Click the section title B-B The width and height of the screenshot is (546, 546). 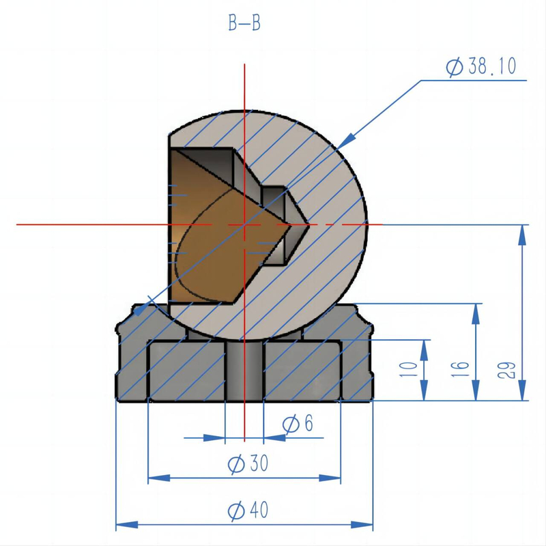click(244, 24)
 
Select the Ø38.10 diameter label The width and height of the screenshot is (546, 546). click(481, 67)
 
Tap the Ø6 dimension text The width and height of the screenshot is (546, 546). click(298, 425)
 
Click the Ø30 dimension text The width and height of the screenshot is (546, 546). click(248, 465)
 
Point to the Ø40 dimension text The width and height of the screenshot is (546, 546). click(248, 511)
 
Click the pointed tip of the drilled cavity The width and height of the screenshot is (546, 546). click(308, 224)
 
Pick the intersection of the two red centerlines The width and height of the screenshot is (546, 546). click(244, 224)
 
